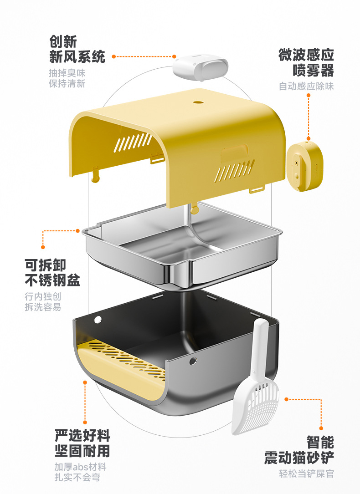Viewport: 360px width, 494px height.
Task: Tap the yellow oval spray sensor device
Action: [305, 167]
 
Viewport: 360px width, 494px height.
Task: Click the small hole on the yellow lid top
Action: [197, 102]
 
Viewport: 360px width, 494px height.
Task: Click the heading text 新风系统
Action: [77, 56]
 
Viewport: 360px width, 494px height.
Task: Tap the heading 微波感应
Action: [306, 55]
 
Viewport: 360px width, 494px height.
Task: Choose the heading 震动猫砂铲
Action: [299, 458]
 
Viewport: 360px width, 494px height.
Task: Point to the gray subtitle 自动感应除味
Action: [306, 86]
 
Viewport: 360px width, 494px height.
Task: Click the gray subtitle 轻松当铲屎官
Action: [306, 474]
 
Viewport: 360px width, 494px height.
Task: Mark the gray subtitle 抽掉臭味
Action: [67, 73]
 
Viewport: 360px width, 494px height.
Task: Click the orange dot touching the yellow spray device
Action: [308, 138]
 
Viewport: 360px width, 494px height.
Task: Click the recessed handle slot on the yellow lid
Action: [235, 155]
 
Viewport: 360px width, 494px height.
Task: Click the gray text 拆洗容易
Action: [43, 307]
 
